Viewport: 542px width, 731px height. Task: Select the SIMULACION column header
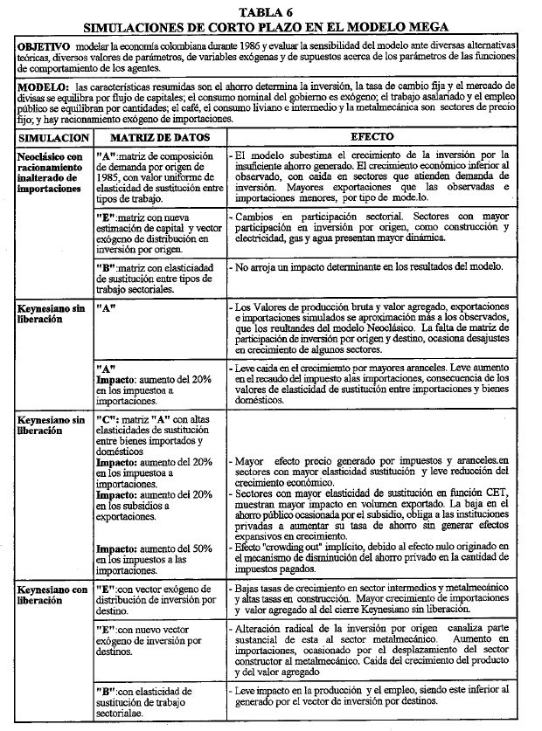52,138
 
